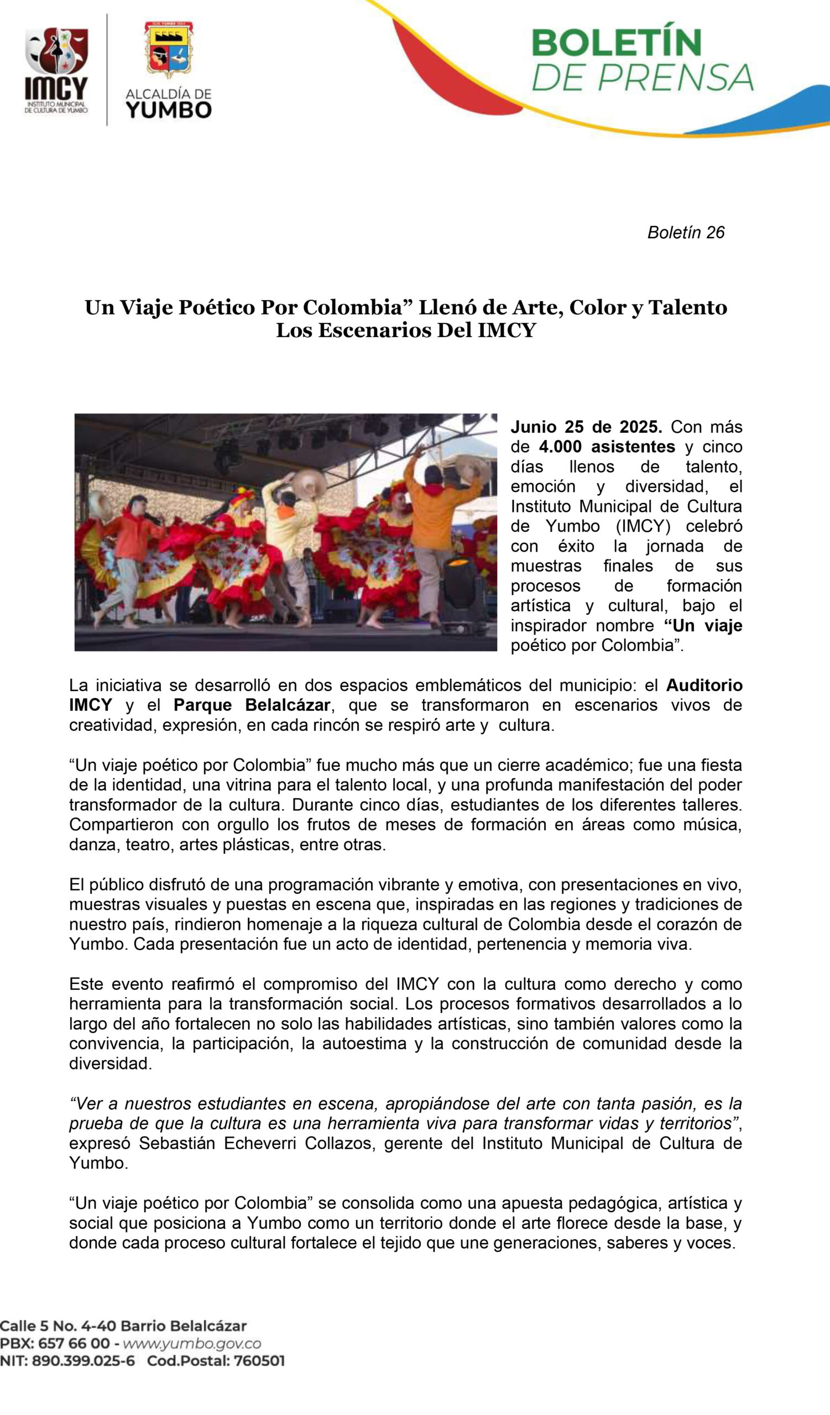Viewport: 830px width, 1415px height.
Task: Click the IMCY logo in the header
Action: click(56, 70)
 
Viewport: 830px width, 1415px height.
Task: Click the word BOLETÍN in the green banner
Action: click(617, 43)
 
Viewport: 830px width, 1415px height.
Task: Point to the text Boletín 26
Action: click(686, 233)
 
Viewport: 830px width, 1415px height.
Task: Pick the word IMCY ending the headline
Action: click(507, 330)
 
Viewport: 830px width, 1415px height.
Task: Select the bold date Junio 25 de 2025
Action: click(586, 427)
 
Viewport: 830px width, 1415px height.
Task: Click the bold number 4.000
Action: click(562, 447)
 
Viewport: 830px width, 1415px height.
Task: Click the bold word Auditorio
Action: click(704, 685)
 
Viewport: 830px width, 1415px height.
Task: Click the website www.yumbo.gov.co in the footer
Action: click(191, 1344)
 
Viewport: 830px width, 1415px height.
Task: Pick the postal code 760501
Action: click(259, 1361)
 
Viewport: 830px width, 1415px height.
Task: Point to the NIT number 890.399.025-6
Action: click(83, 1361)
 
